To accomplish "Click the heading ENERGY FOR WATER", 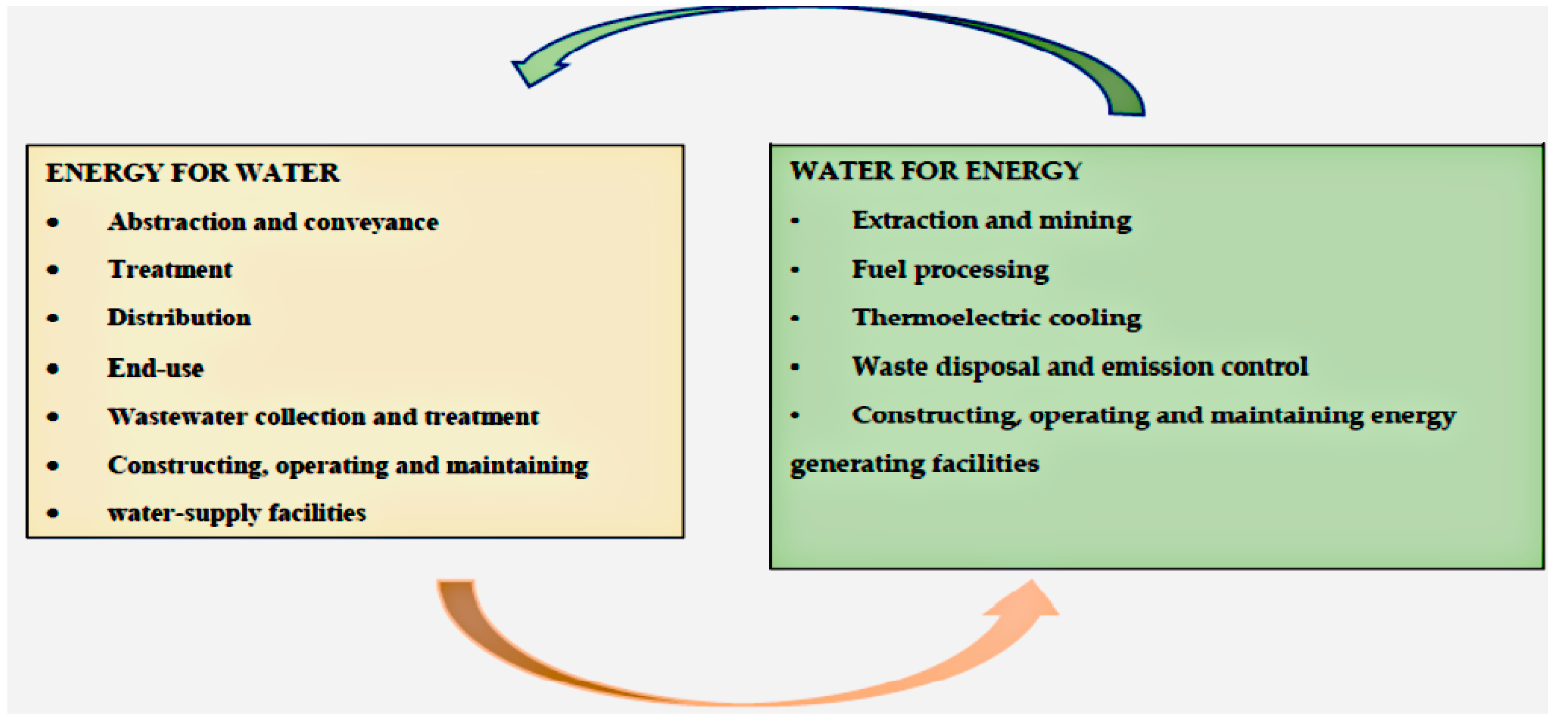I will coord(192,174).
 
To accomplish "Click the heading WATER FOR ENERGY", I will coord(936,171).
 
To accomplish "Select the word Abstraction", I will coord(176,222).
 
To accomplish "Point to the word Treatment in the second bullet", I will coord(170,269).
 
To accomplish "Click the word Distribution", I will coord(179,318).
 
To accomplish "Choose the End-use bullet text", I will coord(155,368).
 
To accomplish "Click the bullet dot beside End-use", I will coord(53,368).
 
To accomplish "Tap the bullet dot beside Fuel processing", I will coord(795,269).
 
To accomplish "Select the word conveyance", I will coord(371,223).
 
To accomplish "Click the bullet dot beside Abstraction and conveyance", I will coord(53,222).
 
